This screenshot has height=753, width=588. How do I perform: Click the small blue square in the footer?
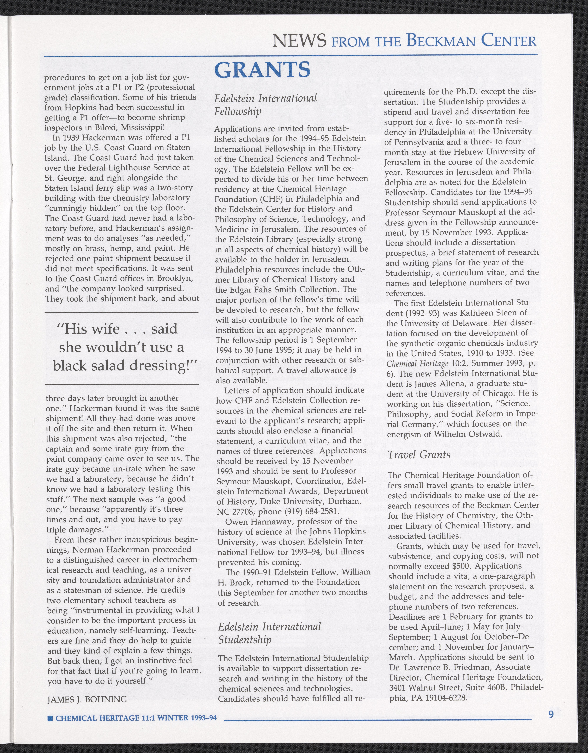tap(50, 718)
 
